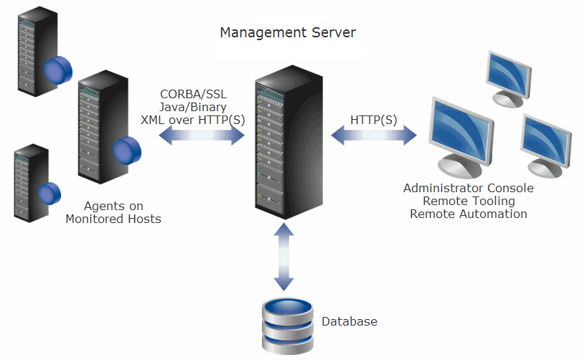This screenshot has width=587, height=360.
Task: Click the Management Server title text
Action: (287, 32)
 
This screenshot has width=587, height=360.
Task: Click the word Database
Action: (349, 321)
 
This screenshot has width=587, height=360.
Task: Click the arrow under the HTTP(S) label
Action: (373, 135)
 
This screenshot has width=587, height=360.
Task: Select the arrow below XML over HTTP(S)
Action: (202, 136)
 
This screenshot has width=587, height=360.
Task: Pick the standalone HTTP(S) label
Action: (373, 119)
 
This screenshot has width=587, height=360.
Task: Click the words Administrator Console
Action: (468, 188)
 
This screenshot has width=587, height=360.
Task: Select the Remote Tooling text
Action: (468, 201)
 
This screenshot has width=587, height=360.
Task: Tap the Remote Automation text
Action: (468, 214)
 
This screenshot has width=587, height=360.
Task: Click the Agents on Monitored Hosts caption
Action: (113, 212)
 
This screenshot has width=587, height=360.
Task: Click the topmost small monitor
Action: (508, 75)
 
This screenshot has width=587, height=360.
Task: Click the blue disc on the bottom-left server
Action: (50, 194)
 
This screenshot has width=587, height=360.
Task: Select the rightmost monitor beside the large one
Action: (547, 143)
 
